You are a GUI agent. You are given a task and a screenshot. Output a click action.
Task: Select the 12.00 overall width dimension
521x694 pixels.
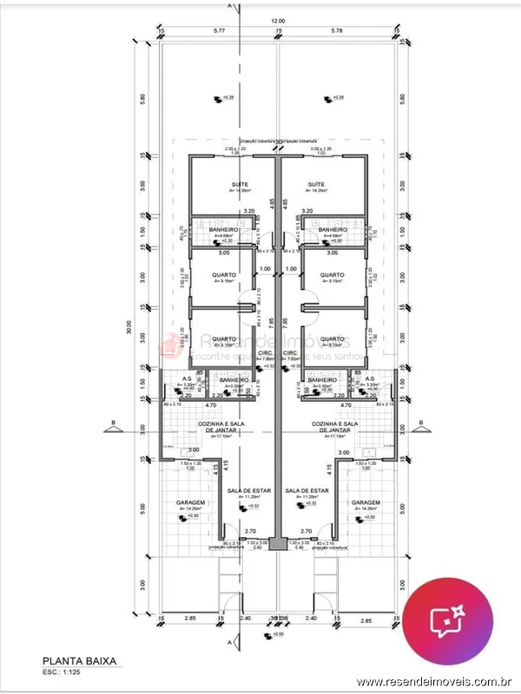pos(277,20)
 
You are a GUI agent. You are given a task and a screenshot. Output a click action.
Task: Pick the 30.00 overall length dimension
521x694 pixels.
pos(129,331)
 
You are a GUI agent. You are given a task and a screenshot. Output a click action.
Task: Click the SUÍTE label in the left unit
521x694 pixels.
pos(239,185)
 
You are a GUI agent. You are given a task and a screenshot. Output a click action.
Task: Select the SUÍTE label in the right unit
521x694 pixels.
pos(316,185)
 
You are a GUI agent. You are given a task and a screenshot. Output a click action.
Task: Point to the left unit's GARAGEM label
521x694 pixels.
pos(189,503)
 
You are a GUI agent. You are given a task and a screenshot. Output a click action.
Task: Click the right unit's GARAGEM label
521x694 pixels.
pos(366,503)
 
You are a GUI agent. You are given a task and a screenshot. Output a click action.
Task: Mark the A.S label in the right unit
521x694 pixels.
pos(369,379)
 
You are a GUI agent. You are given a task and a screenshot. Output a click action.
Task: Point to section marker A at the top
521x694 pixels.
pos(230,4)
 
